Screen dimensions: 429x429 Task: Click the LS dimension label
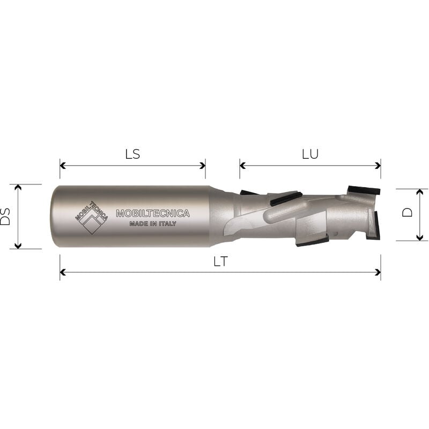click(x=132, y=154)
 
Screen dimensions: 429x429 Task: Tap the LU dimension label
click(x=310, y=154)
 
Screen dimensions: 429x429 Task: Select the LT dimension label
click(x=220, y=262)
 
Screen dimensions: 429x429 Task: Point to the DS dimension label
click(x=5, y=217)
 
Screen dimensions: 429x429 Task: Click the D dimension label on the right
click(x=408, y=212)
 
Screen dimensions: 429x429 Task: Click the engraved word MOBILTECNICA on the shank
click(x=153, y=213)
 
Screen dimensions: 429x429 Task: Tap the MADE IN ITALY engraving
click(x=153, y=224)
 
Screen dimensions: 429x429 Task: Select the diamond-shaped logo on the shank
click(x=91, y=218)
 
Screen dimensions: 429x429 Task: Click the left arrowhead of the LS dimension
click(x=63, y=166)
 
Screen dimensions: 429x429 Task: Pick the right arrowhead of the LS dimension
click(x=203, y=166)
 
